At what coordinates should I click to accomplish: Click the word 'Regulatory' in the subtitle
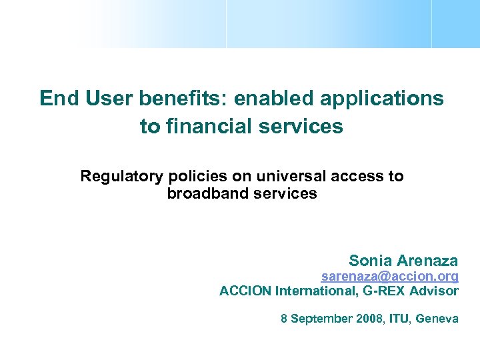click(121, 177)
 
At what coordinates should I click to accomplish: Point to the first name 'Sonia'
click(370, 261)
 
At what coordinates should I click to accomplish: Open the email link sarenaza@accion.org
click(389, 276)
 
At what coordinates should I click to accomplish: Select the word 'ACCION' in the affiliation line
click(245, 291)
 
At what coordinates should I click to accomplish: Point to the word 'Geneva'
click(437, 319)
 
